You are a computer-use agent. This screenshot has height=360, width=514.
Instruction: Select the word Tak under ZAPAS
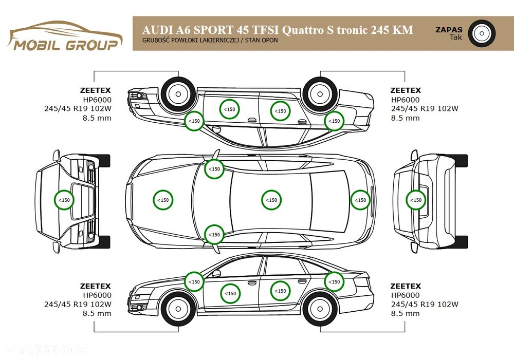(x=455, y=37)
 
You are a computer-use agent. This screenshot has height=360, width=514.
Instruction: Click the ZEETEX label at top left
(x=95, y=90)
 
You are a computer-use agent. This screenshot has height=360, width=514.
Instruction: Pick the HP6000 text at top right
(x=405, y=100)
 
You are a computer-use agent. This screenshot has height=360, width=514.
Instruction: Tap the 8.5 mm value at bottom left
(x=97, y=313)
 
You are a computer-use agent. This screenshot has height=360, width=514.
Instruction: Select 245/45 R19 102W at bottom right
(x=424, y=304)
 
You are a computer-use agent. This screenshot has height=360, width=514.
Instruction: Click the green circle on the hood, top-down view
(x=163, y=200)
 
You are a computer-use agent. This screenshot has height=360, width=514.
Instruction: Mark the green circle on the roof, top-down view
(x=271, y=200)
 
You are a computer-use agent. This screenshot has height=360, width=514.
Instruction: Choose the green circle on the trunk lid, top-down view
(x=360, y=200)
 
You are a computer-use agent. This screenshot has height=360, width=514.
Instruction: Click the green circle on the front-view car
(x=64, y=200)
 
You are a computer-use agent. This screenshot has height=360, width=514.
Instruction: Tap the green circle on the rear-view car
(x=416, y=200)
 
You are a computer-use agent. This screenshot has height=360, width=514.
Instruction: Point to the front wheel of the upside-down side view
(x=178, y=93)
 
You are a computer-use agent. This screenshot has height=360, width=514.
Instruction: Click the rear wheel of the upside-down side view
(x=320, y=93)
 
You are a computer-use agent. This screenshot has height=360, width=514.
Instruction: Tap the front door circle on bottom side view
(x=230, y=293)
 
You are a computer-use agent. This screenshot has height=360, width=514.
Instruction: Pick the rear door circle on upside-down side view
(x=280, y=111)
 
